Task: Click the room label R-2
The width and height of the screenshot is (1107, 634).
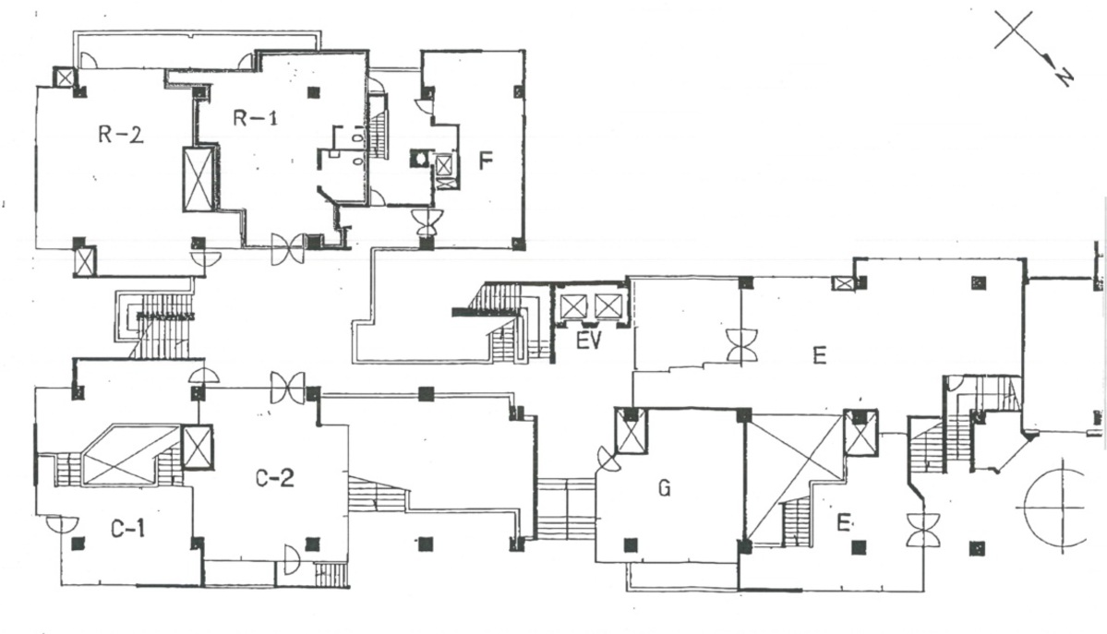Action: [x=121, y=135]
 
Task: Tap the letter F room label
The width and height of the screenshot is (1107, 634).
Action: [x=486, y=161]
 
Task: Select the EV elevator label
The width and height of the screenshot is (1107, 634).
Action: [x=588, y=341]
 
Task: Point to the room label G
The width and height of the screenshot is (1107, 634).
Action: [x=663, y=487]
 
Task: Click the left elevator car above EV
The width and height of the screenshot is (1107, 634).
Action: [x=573, y=305]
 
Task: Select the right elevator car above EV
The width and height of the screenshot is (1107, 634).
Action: [x=607, y=305]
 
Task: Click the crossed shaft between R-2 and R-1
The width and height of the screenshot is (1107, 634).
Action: [x=199, y=178]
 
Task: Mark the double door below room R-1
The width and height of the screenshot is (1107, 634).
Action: [x=287, y=250]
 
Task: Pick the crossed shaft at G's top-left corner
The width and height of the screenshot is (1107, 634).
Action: [x=632, y=431]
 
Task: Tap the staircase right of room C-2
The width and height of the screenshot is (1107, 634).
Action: [x=378, y=496]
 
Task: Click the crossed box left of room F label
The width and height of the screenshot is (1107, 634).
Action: [x=445, y=166]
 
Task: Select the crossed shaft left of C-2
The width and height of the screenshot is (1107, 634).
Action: [x=198, y=447]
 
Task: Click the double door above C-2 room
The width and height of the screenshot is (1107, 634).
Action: [x=287, y=388]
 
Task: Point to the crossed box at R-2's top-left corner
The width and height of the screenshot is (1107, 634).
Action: [x=65, y=78]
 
